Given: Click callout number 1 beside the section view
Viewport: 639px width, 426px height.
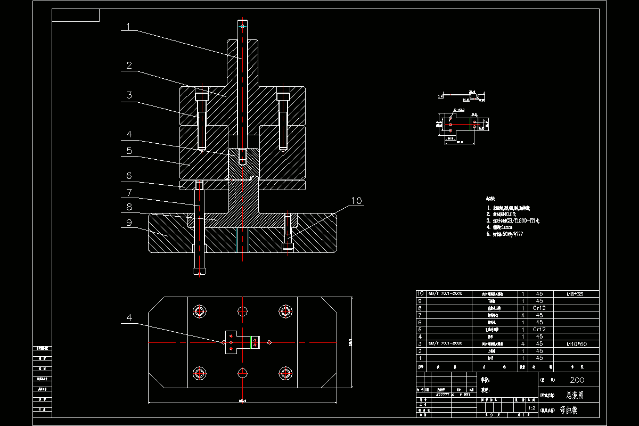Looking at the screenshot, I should pyautogui.click(x=127, y=26).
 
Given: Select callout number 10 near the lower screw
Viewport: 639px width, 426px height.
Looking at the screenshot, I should pyautogui.click(x=356, y=201).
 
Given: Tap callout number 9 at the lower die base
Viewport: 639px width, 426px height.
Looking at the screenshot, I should pyautogui.click(x=128, y=223).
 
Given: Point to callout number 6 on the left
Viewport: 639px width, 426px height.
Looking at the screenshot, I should pyautogui.click(x=128, y=176).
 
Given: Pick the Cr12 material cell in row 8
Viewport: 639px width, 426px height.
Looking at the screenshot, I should pyautogui.click(x=539, y=308).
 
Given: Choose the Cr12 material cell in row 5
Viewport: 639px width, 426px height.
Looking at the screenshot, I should pyautogui.click(x=539, y=330).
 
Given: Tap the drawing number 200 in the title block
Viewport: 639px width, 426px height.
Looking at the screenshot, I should pyautogui.click(x=577, y=380).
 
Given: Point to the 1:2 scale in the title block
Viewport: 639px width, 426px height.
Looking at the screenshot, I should pyautogui.click(x=531, y=408).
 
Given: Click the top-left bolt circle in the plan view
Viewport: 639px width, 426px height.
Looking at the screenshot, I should pyautogui.click(x=200, y=312).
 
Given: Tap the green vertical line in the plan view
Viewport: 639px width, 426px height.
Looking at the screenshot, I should pyautogui.click(x=251, y=342).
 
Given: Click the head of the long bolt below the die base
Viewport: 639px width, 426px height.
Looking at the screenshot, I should pyautogui.click(x=199, y=271).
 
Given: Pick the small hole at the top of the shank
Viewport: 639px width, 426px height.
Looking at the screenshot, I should pyautogui.click(x=242, y=25).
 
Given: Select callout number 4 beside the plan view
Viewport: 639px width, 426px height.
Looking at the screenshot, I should pyautogui.click(x=128, y=318).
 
